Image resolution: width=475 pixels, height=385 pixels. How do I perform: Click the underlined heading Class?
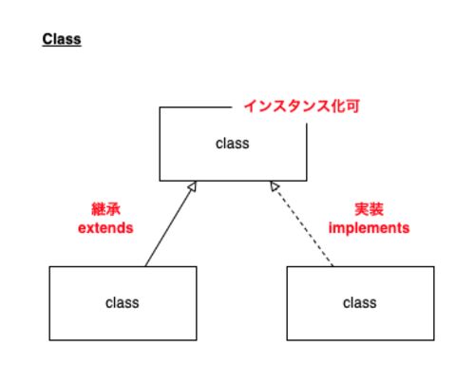pyautogui.click(x=62, y=39)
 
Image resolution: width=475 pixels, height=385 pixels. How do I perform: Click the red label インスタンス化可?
pyautogui.click(x=302, y=106)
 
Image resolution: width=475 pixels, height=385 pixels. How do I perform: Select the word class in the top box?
pyautogui.click(x=233, y=144)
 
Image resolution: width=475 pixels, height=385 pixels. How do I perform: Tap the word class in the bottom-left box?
pyautogui.click(x=123, y=303)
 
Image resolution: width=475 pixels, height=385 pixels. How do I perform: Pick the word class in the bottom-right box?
pyautogui.click(x=360, y=303)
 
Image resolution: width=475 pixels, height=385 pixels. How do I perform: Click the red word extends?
pyautogui.click(x=105, y=228)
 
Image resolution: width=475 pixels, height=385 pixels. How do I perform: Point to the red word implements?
pyautogui.click(x=369, y=228)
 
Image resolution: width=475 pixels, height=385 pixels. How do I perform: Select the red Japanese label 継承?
pyautogui.click(x=105, y=209)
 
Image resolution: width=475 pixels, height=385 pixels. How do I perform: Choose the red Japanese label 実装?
pyautogui.click(x=369, y=209)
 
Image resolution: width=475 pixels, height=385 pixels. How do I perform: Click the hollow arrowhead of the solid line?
pyautogui.click(x=193, y=186)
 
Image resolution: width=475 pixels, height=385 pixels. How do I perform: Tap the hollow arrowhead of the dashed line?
pyautogui.click(x=275, y=186)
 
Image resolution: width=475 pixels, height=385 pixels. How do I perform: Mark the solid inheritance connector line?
pyautogui.click(x=171, y=223)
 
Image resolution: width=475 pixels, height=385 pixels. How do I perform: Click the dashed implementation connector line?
pyautogui.click(x=301, y=223)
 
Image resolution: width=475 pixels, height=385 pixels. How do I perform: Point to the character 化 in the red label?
pyautogui.click(x=338, y=106)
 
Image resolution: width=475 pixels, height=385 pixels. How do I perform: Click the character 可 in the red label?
pyautogui.click(x=352, y=106)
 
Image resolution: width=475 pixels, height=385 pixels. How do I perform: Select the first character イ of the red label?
pyautogui.click(x=251, y=106)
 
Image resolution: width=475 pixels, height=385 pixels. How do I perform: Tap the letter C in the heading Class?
pyautogui.click(x=47, y=39)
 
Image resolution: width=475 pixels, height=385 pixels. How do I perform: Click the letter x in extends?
pyautogui.click(x=89, y=229)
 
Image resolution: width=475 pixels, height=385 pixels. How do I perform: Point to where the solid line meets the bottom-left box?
pyautogui.click(x=145, y=266)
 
